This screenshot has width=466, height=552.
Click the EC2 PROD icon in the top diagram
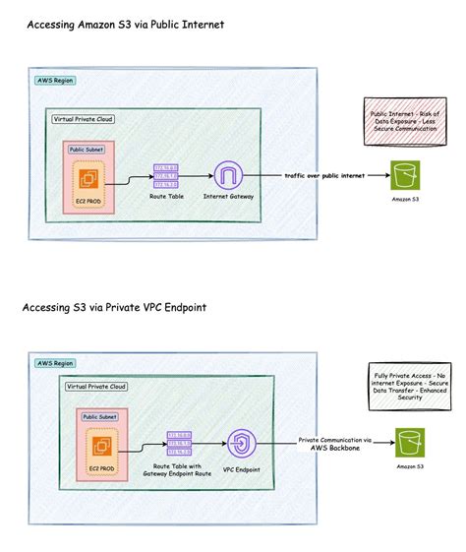[89, 180]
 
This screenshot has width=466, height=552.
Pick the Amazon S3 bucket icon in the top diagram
[403, 177]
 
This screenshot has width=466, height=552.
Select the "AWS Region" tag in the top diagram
[54, 81]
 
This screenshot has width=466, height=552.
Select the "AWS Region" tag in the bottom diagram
[54, 363]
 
